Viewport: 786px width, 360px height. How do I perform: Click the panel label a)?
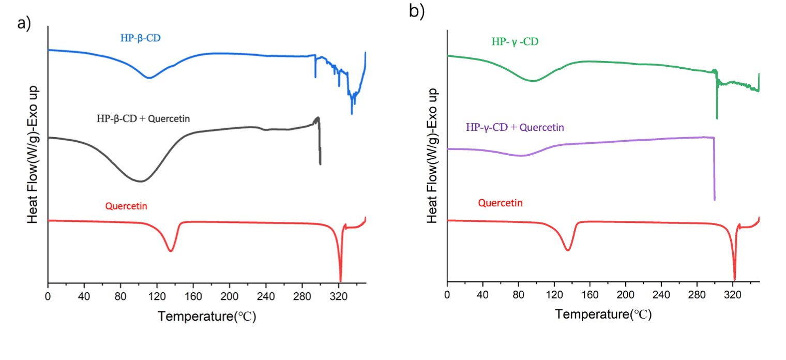(25, 24)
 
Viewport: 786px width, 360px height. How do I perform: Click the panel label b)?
(417, 11)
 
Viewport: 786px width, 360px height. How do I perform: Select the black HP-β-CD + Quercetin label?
(143, 118)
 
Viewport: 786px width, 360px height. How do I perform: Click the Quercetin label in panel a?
(126, 206)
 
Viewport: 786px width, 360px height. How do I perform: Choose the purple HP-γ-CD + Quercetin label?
(515, 127)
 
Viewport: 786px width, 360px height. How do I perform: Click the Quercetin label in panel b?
(500, 203)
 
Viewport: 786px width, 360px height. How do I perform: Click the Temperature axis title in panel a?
(207, 316)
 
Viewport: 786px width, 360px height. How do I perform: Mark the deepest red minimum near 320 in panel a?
(340, 280)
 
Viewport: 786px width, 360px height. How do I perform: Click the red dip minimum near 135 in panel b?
(568, 250)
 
